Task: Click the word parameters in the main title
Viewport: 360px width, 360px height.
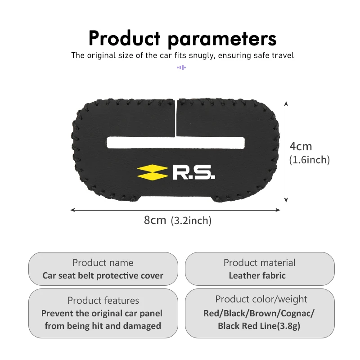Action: (x=222, y=39)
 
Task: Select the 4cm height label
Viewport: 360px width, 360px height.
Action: (x=301, y=147)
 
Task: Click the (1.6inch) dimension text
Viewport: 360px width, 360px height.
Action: (x=310, y=160)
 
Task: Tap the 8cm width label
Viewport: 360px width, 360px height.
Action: (x=155, y=220)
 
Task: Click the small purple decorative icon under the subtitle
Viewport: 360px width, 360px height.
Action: (x=181, y=67)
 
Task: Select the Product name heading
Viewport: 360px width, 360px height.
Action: (x=103, y=262)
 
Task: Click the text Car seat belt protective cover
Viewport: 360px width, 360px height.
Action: (x=103, y=275)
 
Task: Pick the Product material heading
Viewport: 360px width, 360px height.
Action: (x=260, y=262)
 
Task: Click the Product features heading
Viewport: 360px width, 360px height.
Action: (x=103, y=300)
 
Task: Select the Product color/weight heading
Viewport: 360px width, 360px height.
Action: (x=261, y=299)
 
